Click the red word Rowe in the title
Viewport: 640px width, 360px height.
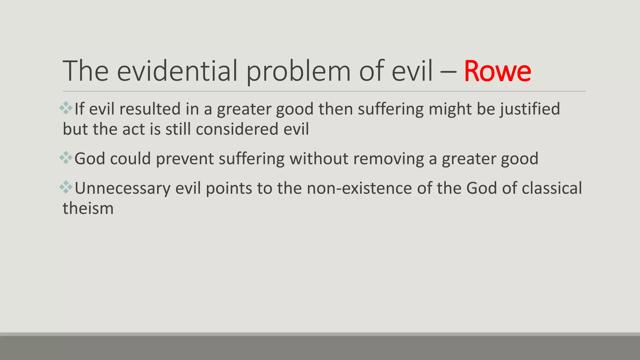pyautogui.click(x=497, y=72)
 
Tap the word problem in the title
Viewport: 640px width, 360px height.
pyautogui.click(x=298, y=72)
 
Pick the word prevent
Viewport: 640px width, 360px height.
pyautogui.click(x=185, y=158)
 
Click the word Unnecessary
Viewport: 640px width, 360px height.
pyautogui.click(x=122, y=188)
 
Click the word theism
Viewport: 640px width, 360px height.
pyautogui.click(x=88, y=208)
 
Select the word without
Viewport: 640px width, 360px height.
pyautogui.click(x=319, y=158)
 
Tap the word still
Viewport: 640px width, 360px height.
pyautogui.click(x=178, y=129)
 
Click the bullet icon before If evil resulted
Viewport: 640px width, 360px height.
pyautogui.click(x=66, y=108)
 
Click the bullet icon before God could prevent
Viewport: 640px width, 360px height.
pyautogui.click(x=66, y=158)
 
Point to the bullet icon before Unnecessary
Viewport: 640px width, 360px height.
pyautogui.click(x=66, y=187)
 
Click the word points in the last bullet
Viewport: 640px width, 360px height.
pyautogui.click(x=229, y=188)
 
